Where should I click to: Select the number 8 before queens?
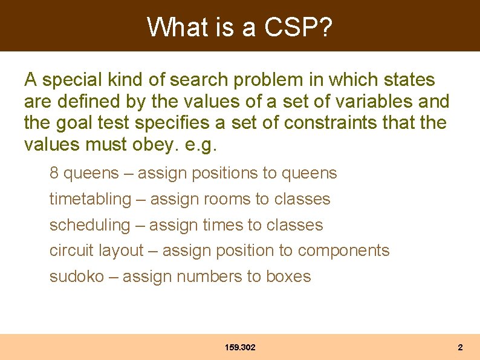pos(54,173)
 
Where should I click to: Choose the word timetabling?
pos(90,199)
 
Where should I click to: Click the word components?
pos(343,251)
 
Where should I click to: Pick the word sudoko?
pos(76,277)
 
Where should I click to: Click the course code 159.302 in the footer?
pos(240,348)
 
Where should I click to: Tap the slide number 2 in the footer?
pos(460,348)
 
